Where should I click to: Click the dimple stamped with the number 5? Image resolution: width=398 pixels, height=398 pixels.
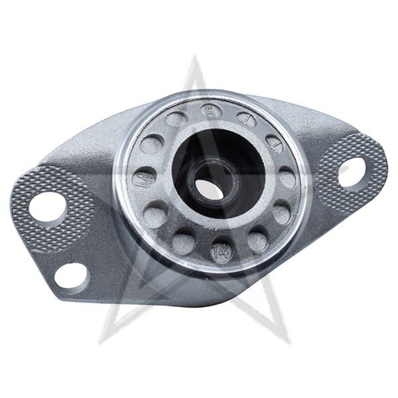211,111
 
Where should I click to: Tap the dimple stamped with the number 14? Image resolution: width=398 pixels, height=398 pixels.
222,251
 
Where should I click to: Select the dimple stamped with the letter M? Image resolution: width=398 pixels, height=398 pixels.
143,178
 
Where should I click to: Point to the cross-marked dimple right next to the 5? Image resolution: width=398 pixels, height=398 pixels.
246,119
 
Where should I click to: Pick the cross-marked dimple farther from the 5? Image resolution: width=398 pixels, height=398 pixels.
274,143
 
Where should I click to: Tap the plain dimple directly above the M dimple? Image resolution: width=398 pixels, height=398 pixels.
152,144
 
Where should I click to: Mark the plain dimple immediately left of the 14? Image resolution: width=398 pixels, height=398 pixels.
184,240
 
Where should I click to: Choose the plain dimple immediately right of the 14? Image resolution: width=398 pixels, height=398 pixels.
257,240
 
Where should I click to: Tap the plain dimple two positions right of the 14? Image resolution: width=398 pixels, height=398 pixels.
282,213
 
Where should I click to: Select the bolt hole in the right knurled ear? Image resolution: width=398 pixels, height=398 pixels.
352,171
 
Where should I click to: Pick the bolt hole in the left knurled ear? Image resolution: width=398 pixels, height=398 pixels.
48,207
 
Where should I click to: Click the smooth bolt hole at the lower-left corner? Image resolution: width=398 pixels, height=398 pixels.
71,275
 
